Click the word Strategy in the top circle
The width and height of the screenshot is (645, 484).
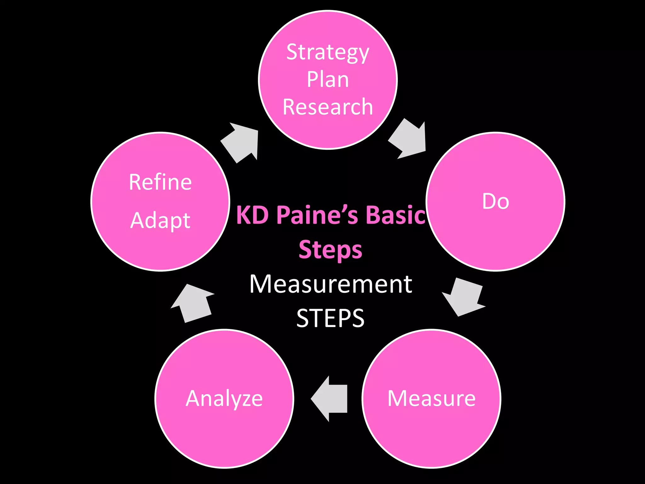(328, 52)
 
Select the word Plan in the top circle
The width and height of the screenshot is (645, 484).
(328, 79)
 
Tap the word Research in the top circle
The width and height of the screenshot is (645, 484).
(328, 107)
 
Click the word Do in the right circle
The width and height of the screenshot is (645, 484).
(495, 201)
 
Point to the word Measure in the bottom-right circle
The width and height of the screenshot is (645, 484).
(431, 398)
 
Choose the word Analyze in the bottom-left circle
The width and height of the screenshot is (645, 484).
(224, 399)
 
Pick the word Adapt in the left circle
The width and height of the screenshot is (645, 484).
(160, 220)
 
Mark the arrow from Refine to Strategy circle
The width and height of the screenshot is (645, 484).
(241, 142)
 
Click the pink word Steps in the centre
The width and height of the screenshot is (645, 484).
(330, 250)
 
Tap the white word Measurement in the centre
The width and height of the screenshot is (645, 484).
(331, 284)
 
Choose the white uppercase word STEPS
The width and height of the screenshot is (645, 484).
(330, 318)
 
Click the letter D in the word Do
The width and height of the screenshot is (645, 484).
(489, 201)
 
